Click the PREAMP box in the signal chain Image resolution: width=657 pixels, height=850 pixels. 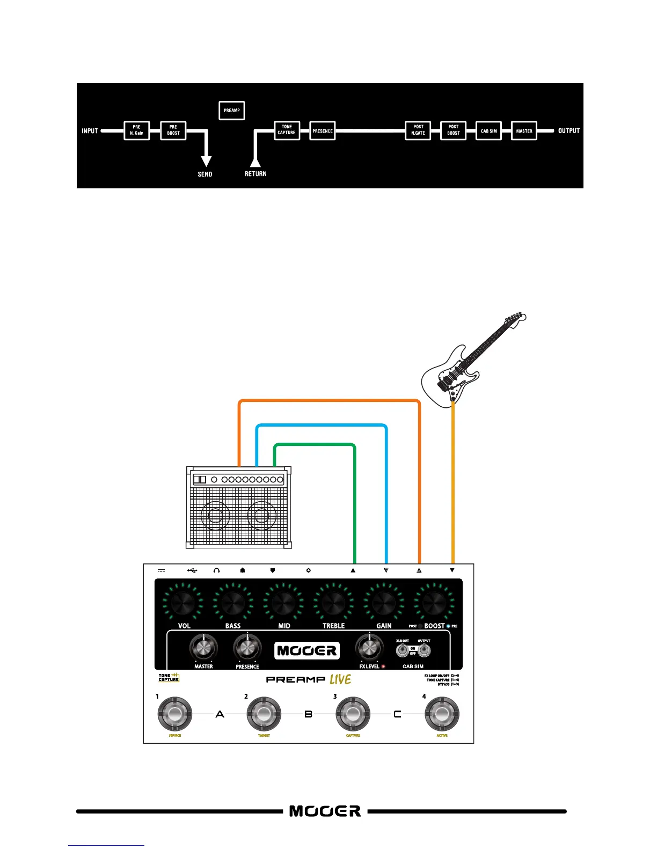(231, 111)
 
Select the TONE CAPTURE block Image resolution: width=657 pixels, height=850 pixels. (287, 130)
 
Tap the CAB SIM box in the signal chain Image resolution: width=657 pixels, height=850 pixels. (488, 131)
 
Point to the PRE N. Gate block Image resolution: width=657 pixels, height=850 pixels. (136, 130)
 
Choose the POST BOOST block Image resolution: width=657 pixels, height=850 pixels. (453, 130)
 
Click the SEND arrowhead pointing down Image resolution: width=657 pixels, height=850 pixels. (206, 160)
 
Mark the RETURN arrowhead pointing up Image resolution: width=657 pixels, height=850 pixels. (255, 160)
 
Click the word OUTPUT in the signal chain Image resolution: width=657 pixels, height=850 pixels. (568, 131)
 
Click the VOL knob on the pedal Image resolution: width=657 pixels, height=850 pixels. (183, 603)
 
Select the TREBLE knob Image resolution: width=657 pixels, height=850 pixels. (333, 603)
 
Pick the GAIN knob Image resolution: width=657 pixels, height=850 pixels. (383, 603)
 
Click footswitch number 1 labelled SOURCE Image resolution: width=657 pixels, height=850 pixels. (174, 714)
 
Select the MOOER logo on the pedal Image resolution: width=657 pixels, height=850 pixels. (307, 651)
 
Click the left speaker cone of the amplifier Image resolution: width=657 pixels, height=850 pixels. (215, 516)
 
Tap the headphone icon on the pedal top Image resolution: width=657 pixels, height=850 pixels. (216, 570)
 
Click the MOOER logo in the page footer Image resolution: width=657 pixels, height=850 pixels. (325, 811)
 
